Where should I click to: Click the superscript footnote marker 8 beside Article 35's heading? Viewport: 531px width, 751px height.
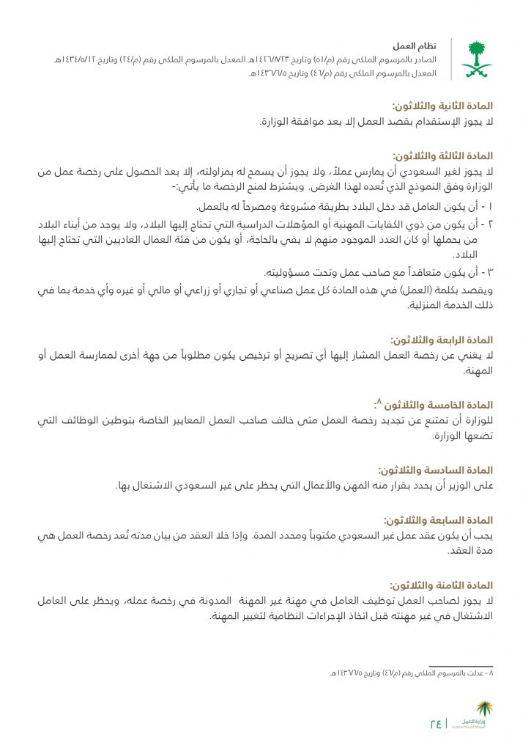(x=378, y=402)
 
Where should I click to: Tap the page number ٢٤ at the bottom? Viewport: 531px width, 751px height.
(x=437, y=724)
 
